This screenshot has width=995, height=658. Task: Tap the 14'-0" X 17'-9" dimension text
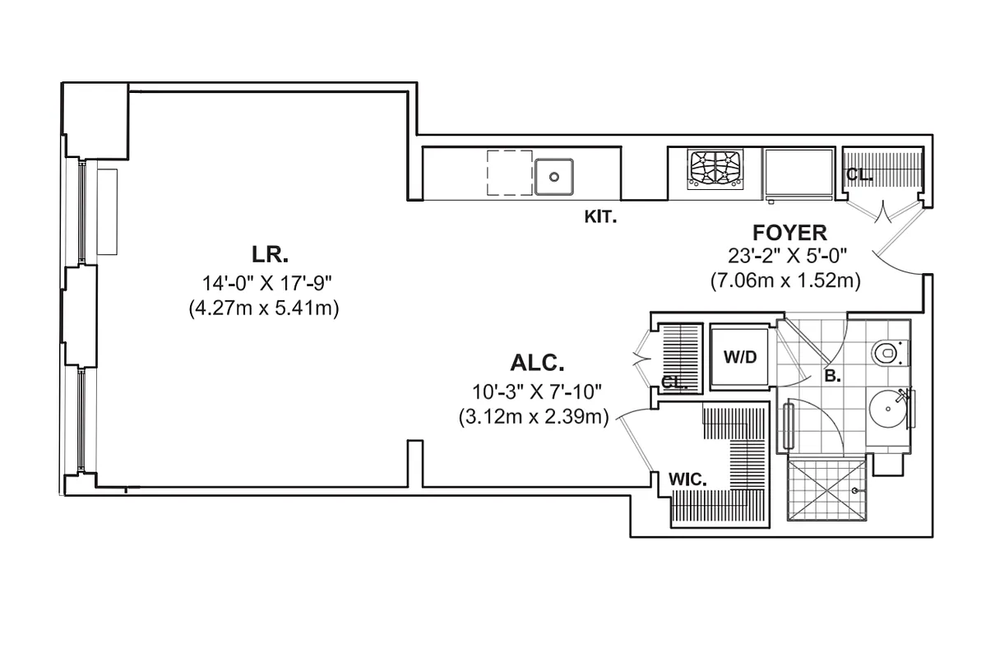[x=266, y=283]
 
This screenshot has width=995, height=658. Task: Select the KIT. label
[x=599, y=217]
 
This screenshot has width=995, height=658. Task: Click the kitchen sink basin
[x=555, y=176]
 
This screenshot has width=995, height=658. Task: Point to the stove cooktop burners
[x=713, y=170]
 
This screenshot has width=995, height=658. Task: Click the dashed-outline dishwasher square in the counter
[x=510, y=173]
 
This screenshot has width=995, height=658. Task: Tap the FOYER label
[x=789, y=233]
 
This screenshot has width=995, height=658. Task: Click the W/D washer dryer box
[x=739, y=358]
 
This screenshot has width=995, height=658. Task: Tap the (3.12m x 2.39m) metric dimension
[x=533, y=417]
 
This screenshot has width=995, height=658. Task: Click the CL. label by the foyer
[x=858, y=175]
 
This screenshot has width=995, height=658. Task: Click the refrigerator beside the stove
[x=799, y=173]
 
